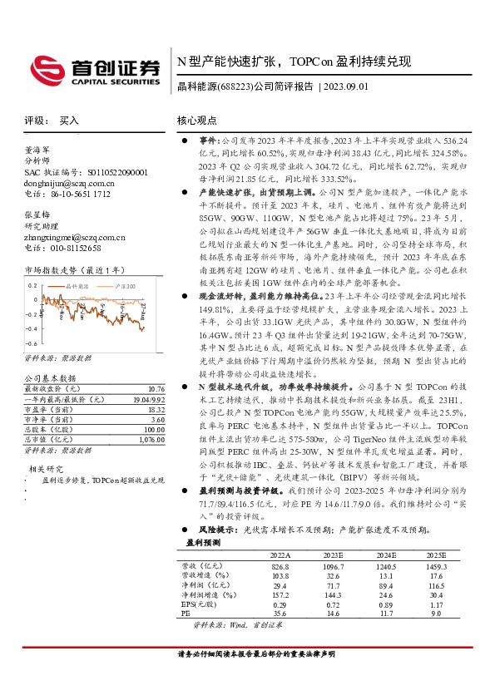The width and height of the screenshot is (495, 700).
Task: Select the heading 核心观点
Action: (198, 121)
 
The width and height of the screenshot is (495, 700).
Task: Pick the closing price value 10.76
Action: (156, 388)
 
